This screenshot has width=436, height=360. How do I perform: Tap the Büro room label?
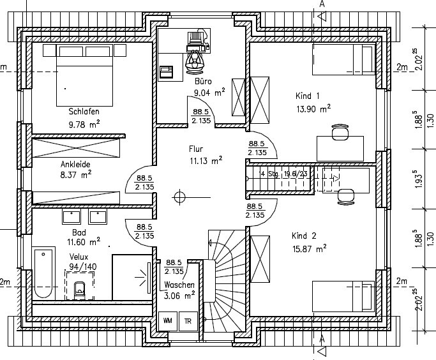click(202, 81)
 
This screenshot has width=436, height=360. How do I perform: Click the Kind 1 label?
click(307, 96)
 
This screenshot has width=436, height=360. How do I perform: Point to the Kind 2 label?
click(304, 234)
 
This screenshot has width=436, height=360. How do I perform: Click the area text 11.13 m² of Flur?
click(205, 160)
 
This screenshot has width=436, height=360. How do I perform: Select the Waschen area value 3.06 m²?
click(179, 296)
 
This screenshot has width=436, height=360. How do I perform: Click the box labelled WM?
click(168, 320)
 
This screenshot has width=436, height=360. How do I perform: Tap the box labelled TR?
click(188, 320)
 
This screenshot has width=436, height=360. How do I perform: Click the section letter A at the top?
click(322, 4)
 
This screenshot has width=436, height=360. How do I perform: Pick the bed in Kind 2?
click(342, 296)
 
